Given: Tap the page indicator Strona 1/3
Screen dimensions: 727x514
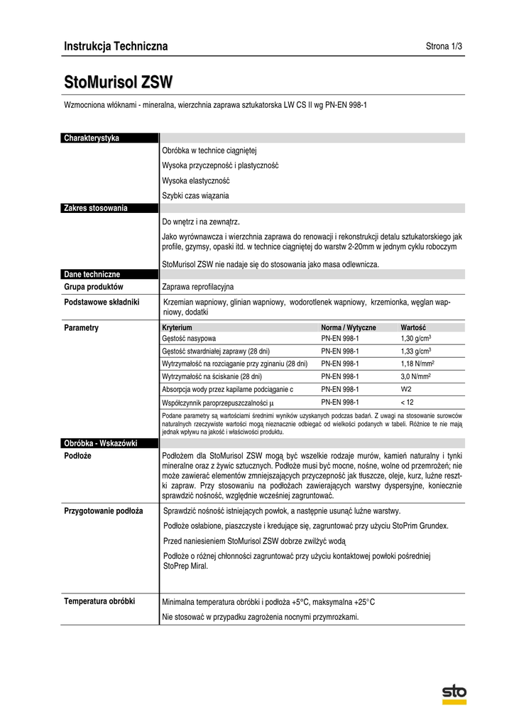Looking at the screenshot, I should tap(444, 47).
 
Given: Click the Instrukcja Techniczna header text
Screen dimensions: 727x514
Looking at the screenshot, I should tap(116, 47).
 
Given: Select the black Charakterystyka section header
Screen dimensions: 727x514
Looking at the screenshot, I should tap(110, 138).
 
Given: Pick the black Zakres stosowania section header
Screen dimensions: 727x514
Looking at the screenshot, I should tap(110, 208).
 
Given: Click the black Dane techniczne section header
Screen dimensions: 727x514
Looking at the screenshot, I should tap(110, 274).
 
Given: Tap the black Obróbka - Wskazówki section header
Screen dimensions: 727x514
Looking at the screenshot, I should tap(110, 443).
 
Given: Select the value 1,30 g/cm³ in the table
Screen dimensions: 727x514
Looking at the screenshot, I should tap(416, 339).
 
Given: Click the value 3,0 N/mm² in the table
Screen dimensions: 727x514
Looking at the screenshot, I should tap(417, 376).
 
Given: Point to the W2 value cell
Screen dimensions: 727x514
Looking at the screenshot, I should tap(407, 389).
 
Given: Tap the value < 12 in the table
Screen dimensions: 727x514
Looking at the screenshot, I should tap(408, 402).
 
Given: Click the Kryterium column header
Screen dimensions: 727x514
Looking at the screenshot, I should tap(177, 327).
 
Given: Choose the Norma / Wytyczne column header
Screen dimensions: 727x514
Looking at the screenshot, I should tap(349, 327).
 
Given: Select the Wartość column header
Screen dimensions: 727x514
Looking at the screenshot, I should tap(413, 327).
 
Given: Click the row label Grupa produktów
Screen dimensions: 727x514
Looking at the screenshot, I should tap(94, 287).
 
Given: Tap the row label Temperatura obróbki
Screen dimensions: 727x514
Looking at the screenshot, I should tap(99, 601).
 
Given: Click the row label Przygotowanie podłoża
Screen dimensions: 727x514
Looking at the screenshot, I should tap(104, 510).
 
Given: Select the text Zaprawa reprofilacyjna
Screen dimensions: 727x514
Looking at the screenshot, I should tap(198, 287).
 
